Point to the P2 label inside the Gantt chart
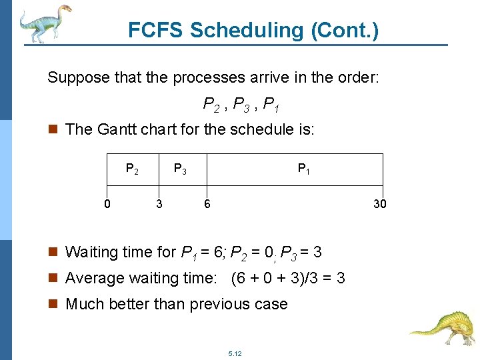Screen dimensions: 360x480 tap(132, 170)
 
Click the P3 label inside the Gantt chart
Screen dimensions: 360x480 tap(180, 170)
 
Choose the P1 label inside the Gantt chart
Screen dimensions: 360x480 tap(303, 170)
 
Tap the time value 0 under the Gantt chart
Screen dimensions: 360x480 tap(107, 204)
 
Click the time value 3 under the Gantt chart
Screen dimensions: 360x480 tap(159, 204)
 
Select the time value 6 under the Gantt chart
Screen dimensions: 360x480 tap(207, 204)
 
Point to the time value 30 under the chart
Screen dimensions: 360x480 tap(379, 204)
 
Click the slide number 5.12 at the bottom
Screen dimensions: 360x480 tap(234, 353)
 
